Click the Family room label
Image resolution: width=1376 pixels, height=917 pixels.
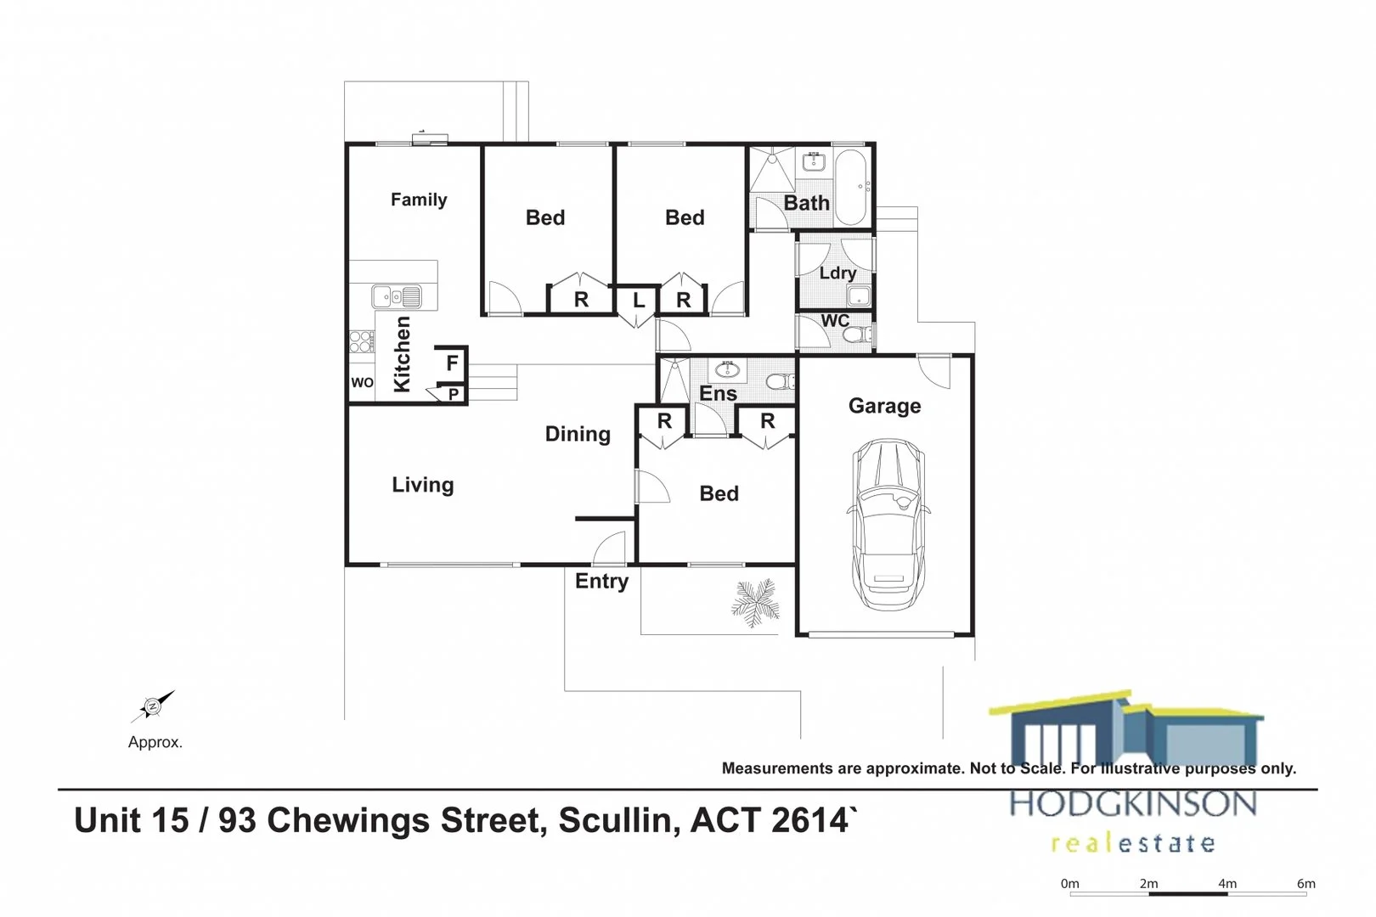pos(418,200)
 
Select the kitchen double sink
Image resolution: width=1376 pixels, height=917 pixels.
pos(397,297)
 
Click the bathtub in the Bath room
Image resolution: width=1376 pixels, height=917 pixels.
pos(849,188)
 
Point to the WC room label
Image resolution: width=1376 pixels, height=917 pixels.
pos(835,321)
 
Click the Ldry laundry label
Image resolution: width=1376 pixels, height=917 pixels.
pos(837,273)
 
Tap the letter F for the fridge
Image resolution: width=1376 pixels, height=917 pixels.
pos(452,363)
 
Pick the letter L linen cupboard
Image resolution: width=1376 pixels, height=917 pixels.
pos(639,301)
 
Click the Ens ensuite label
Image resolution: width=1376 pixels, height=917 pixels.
pos(718,394)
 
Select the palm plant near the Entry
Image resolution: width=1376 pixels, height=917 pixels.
pos(754,602)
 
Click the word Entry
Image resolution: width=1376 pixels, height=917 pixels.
pos(601,582)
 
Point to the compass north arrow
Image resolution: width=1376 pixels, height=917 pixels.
pos(154,706)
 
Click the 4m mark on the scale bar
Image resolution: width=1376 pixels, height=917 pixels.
pos(1227,884)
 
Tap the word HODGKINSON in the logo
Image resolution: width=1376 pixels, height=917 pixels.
pos(1132,803)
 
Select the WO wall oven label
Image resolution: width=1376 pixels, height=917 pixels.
pos(362,383)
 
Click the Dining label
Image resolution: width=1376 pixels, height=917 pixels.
pos(578,435)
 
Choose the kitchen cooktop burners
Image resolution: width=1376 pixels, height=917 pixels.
pos(361,342)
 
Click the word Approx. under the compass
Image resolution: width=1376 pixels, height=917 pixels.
pos(155,742)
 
